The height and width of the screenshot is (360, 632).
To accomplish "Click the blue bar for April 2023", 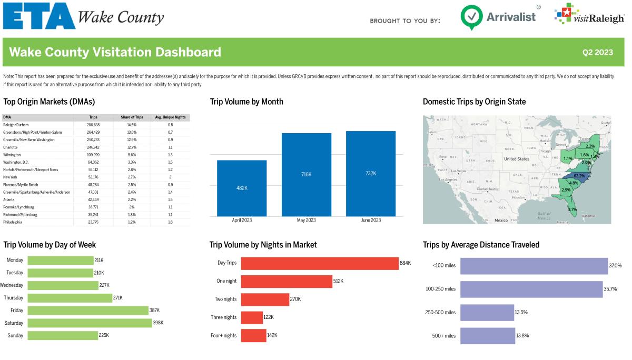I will (242, 188).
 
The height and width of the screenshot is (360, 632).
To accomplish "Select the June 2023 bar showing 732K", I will (370, 173).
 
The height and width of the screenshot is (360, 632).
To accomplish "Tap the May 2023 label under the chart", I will (306, 220).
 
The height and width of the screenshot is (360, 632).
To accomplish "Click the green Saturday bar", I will (90, 323).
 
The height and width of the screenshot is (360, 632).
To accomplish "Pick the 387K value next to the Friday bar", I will (154, 311).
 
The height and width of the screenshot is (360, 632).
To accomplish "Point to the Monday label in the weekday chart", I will (15, 260).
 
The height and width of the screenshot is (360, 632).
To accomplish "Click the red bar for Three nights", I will (252, 317).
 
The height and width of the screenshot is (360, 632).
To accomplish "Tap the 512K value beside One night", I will (338, 282).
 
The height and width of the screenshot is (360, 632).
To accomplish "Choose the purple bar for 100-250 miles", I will (531, 289).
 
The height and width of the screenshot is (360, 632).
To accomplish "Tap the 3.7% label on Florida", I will (572, 209).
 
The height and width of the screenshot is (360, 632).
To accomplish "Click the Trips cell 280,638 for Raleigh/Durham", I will (93, 125).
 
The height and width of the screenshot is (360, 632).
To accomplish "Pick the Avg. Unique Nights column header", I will (170, 117).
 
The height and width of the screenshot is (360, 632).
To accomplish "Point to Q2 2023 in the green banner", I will (597, 52).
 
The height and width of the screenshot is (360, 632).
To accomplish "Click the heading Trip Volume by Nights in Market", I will (263, 245).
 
